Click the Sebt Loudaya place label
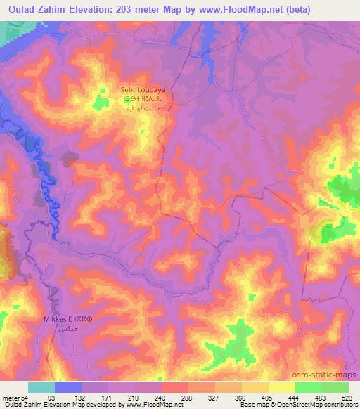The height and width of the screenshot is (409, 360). [143, 91]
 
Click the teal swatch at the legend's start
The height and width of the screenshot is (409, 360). [41, 388]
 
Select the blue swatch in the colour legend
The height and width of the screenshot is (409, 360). [68, 388]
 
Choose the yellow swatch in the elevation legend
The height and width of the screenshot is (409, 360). [281, 388]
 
